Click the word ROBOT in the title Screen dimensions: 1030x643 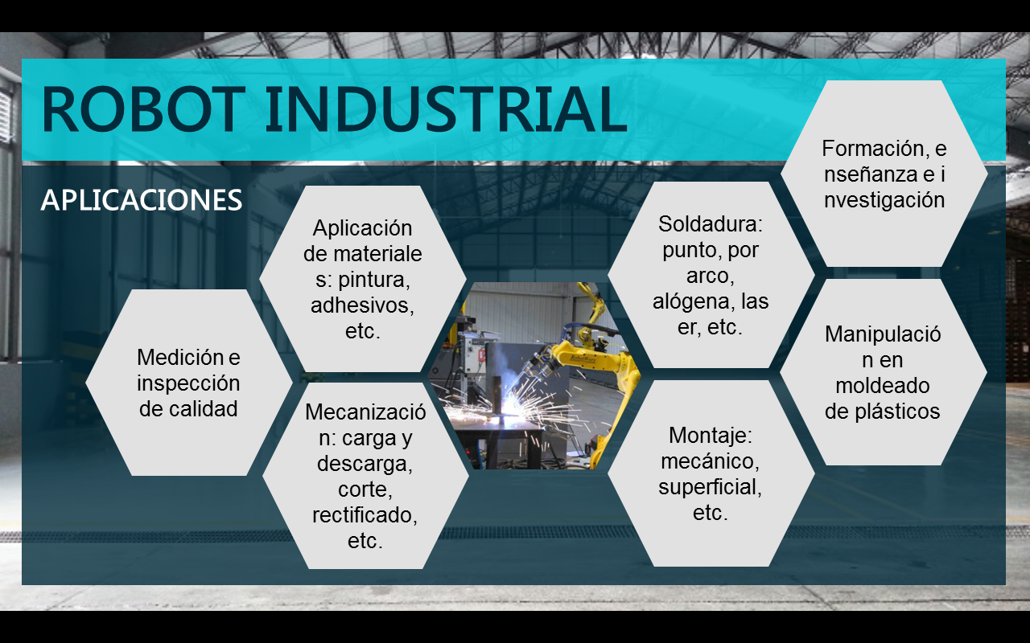coord(143,109)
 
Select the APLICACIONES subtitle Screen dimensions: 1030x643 coord(141,200)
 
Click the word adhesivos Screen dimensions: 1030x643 coord(362,305)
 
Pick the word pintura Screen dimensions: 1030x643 coord(374,280)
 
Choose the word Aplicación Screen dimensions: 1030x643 coord(362,228)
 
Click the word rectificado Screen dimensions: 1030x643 coord(365,515)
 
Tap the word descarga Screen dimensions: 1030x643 coord(365,464)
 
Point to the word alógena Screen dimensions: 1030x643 coord(690,301)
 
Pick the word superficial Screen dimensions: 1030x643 coord(710,487)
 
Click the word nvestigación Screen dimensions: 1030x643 coord(884,200)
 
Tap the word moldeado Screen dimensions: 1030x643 coord(883,385)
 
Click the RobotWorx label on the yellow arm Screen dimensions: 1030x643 coord(583,358)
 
